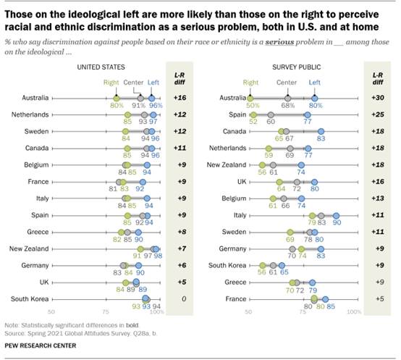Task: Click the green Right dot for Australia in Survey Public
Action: coord(250,97)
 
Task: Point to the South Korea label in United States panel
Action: coord(29,298)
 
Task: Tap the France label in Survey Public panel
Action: coord(227,298)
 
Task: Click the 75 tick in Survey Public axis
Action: coord(302,311)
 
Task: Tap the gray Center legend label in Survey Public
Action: coord(287,83)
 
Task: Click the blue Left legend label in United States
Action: coord(153,83)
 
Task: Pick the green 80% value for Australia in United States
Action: coord(114,106)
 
